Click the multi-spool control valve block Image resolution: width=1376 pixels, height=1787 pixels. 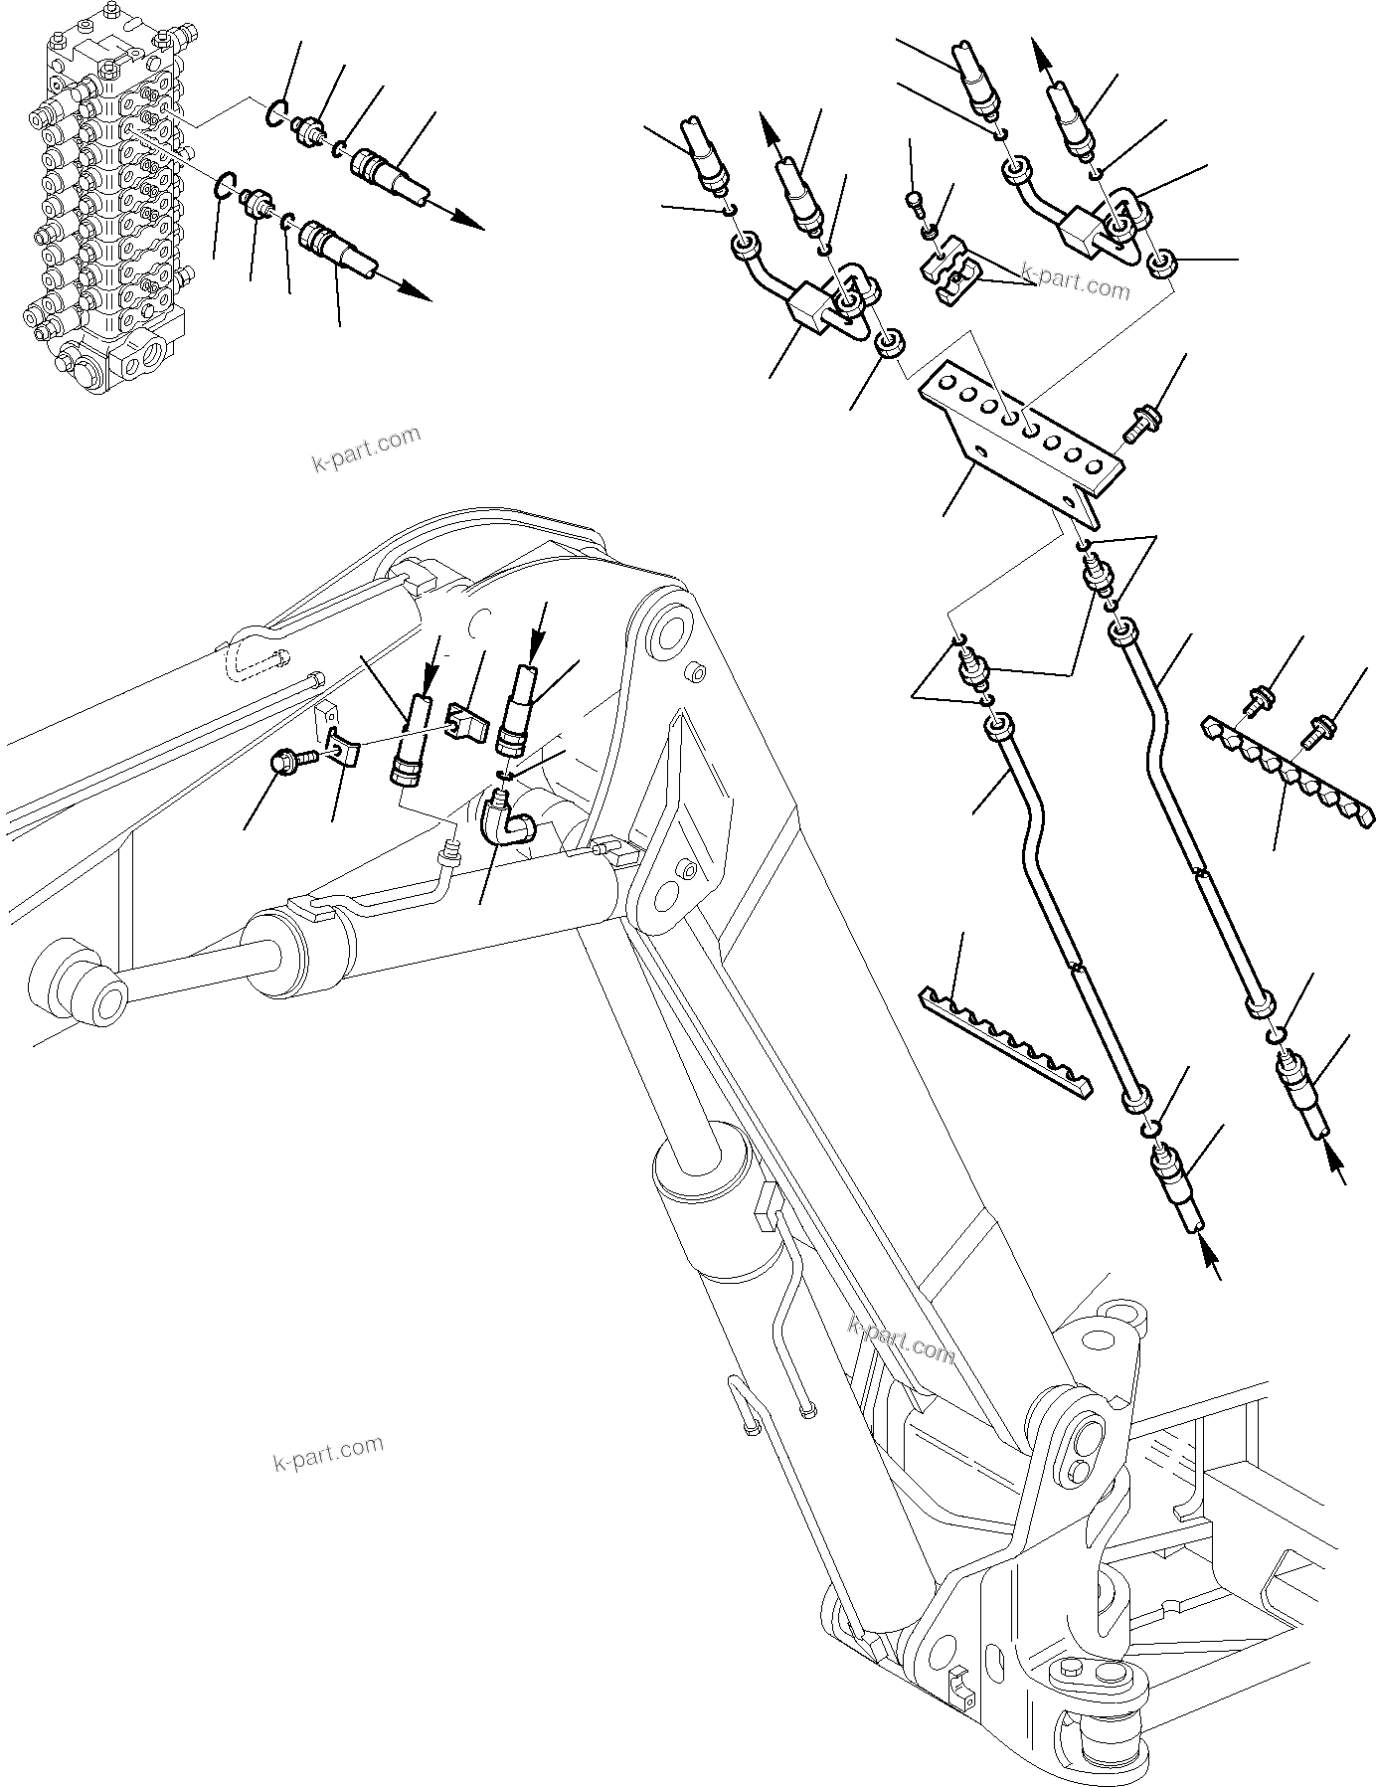click(104, 199)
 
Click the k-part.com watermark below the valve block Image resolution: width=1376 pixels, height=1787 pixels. click(367, 450)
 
